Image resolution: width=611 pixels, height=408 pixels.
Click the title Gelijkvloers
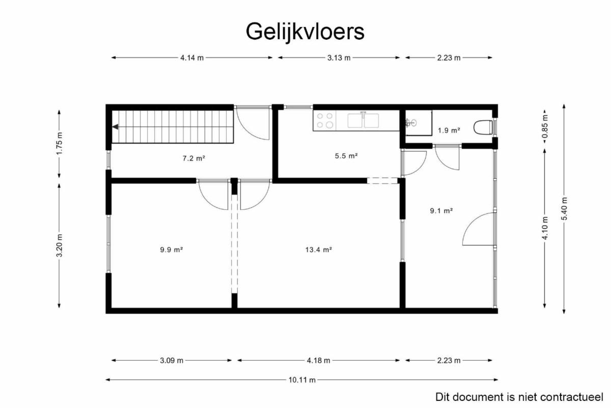305,32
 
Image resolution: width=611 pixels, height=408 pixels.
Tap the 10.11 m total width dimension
302,379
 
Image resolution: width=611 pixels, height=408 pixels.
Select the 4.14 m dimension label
192,58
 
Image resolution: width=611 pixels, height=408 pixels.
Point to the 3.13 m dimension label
339,58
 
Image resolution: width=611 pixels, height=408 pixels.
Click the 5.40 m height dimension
564,208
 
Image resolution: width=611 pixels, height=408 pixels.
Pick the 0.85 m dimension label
545,127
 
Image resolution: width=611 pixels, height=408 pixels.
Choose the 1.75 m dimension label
59,143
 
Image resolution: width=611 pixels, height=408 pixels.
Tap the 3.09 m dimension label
171,361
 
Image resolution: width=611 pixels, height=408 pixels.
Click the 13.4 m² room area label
319,250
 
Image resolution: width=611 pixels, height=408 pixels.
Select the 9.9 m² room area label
171,250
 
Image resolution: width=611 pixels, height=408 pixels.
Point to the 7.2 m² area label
193,158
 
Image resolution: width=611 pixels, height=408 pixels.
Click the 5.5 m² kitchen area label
346,156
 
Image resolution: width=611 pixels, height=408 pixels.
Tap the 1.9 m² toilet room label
449,130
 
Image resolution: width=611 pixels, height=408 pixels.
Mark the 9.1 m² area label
441,211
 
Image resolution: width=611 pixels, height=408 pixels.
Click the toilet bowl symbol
483,127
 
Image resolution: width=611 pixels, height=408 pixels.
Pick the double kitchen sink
363,120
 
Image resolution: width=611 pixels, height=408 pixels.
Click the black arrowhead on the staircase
116,127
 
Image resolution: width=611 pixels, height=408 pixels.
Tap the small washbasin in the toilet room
411,123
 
